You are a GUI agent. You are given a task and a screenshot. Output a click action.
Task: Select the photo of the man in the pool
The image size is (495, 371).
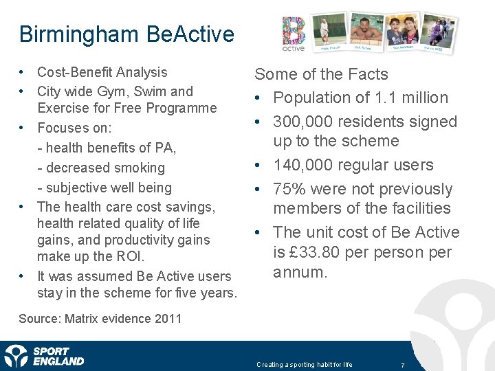[366, 31]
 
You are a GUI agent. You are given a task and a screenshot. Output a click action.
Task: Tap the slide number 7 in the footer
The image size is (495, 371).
[402, 365]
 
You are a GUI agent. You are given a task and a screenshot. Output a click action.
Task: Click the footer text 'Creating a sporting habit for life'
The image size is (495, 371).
[304, 365]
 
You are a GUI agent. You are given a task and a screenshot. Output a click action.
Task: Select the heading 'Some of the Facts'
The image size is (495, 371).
[321, 74]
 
